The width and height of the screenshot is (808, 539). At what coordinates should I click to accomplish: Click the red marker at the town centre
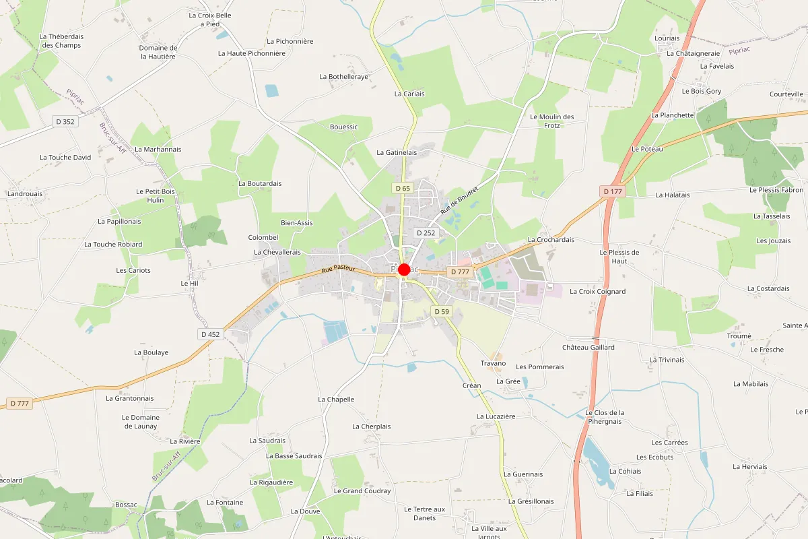[404, 269]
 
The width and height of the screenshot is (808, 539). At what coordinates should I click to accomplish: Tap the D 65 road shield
[403, 189]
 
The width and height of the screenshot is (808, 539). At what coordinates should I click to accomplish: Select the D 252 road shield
[426, 232]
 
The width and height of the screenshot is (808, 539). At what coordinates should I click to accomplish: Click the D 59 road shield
[442, 311]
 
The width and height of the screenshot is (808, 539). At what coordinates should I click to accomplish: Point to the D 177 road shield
[613, 191]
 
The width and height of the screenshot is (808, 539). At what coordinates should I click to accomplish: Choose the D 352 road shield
[65, 121]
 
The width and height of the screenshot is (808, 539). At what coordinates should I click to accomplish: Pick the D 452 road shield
[210, 334]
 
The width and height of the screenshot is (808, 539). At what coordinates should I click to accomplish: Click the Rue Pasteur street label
[337, 269]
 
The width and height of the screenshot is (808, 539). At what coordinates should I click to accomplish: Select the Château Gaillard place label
[588, 348]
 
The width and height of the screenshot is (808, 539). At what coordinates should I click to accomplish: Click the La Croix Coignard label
[597, 292]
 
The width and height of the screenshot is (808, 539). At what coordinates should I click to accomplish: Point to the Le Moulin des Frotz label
[551, 121]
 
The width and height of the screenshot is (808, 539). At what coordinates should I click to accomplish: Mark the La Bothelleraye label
[343, 77]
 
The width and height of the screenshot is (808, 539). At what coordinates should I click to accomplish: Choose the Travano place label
[493, 363]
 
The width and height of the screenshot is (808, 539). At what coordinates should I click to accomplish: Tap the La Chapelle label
[336, 400]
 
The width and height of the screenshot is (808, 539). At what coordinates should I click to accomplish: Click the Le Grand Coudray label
[362, 491]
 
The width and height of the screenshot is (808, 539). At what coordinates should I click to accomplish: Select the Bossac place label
[126, 505]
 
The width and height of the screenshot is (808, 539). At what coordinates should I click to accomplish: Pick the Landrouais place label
[24, 193]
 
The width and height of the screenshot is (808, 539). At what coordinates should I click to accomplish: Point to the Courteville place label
[786, 94]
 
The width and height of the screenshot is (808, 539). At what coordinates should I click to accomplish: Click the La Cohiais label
[625, 472]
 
